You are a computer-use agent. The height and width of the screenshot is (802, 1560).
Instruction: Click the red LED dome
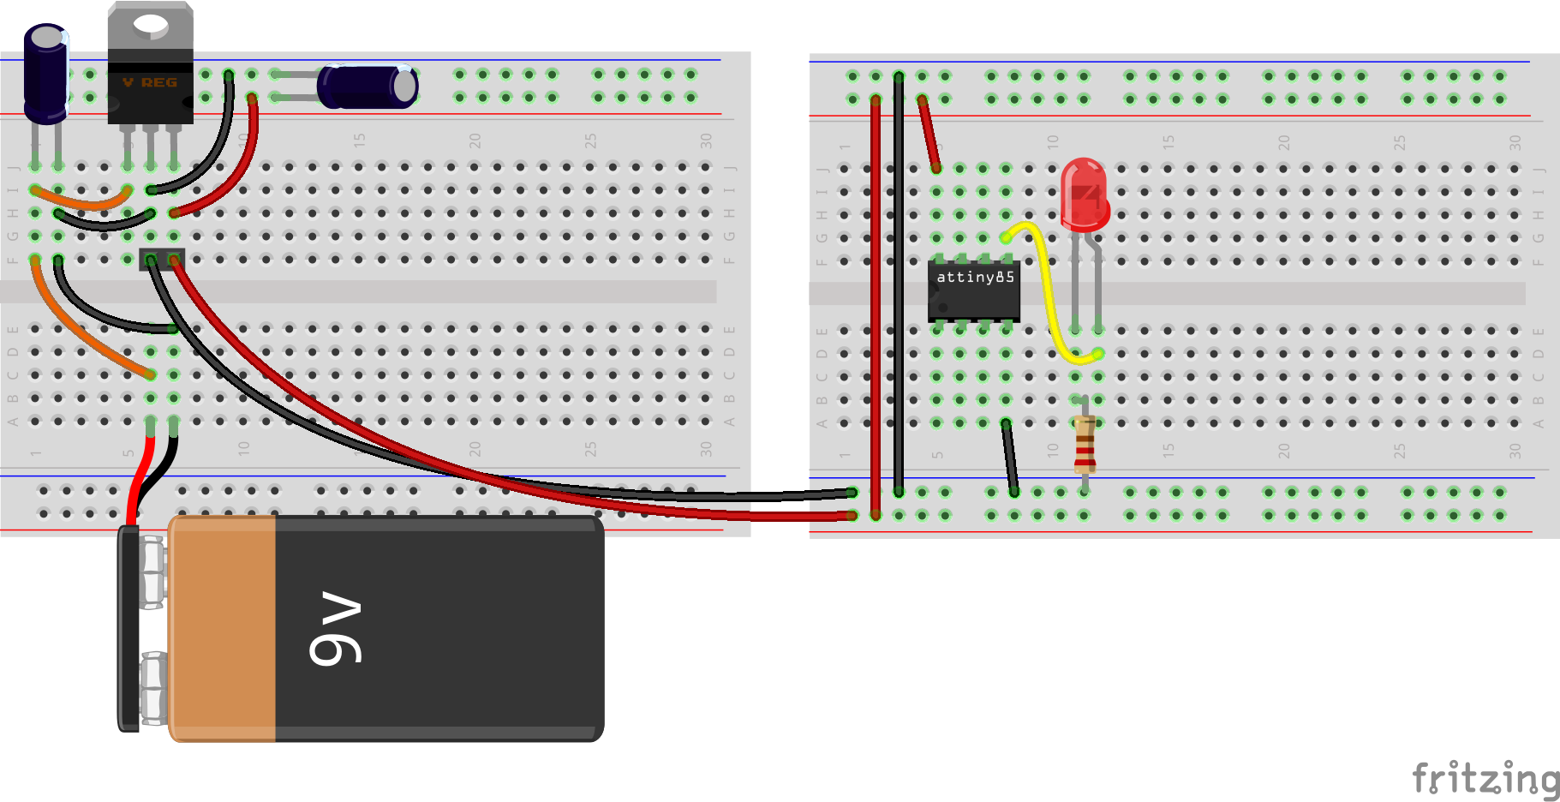point(1084,193)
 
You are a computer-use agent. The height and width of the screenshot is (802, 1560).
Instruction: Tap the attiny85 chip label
point(975,277)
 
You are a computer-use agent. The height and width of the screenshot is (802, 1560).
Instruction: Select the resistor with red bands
point(1085,443)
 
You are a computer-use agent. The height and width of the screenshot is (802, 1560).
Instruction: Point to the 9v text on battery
point(336,627)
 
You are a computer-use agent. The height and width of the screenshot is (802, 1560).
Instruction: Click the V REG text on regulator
point(150,82)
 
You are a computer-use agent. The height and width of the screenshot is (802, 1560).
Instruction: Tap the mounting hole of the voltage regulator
point(151,23)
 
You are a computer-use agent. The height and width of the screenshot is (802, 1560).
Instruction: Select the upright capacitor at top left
point(45,73)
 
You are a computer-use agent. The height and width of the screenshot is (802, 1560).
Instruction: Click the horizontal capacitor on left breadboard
point(368,87)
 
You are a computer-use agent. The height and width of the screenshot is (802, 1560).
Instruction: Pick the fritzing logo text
point(1485,778)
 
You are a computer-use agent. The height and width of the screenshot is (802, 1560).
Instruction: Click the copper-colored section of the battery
point(223,627)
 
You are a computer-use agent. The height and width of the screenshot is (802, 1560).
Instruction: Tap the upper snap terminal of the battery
point(152,572)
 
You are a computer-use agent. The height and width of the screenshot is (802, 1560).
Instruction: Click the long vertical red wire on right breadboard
point(875,300)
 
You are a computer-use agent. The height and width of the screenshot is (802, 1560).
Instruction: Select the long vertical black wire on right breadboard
point(898,283)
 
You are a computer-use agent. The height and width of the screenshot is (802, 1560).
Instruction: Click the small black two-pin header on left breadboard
point(162,259)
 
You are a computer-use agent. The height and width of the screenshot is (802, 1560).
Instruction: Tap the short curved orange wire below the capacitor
point(81,202)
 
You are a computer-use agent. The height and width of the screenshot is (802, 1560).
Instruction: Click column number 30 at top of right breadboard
point(1515,141)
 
